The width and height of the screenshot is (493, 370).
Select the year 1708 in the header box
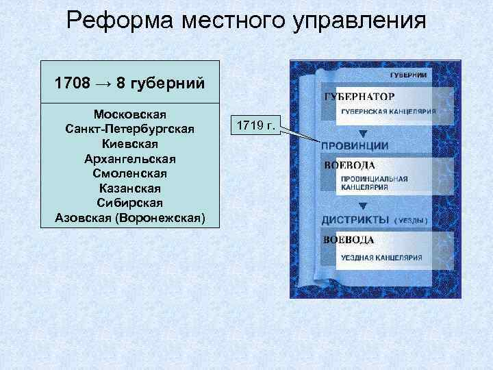tap(73, 84)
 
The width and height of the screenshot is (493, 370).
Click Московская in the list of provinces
tap(129, 113)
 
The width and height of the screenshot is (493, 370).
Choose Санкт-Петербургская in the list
tap(129, 129)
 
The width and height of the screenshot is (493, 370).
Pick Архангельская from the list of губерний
tap(129, 158)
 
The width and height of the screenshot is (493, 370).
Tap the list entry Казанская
tap(129, 188)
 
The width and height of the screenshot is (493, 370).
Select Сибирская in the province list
tap(129, 203)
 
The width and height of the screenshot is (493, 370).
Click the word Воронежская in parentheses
tap(162, 219)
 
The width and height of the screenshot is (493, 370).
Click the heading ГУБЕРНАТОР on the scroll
tap(359, 97)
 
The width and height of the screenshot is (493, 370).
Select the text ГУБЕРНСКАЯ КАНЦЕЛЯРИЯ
tap(388, 111)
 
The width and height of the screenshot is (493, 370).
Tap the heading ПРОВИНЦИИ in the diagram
tap(355, 146)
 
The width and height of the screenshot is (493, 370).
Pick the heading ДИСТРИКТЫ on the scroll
tap(355, 220)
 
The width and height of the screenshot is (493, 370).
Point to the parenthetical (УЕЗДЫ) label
tap(411, 221)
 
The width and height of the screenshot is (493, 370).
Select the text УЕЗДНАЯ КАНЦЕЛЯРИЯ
tap(381, 258)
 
